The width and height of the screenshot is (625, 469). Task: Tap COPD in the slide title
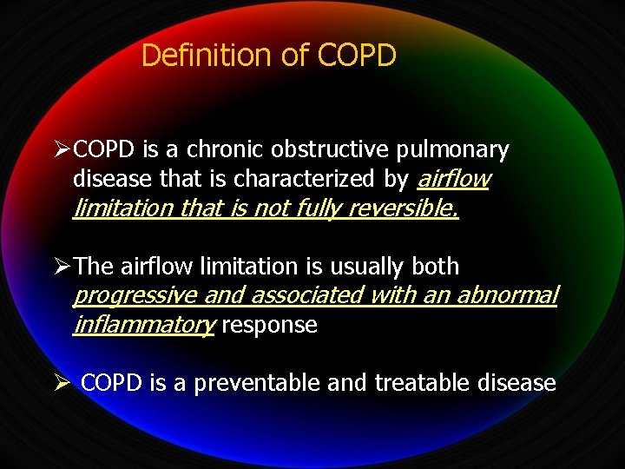pos(357,56)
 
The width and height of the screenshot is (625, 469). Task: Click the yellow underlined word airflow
pos(453,180)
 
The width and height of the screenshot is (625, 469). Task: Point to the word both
pos(435,267)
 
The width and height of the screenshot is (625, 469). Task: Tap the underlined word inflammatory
pos(143,326)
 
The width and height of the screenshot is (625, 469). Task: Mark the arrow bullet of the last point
pos(62,383)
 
